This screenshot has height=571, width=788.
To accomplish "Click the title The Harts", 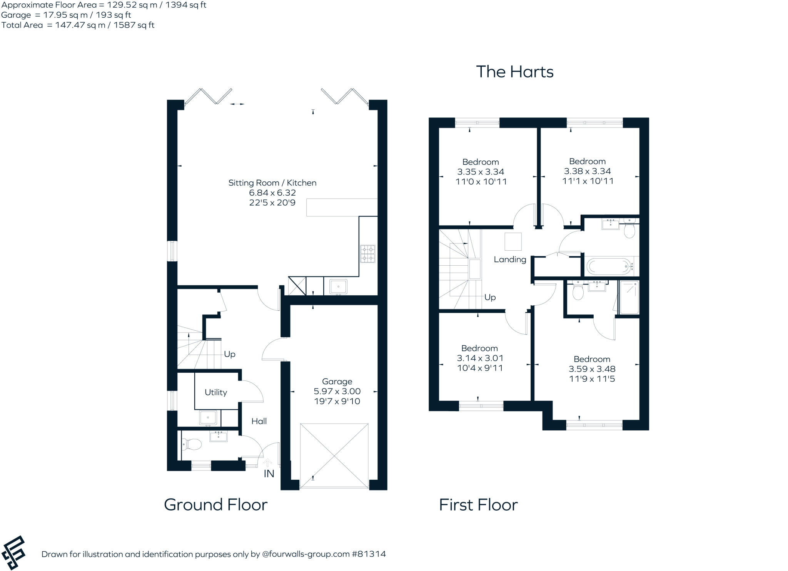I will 514,72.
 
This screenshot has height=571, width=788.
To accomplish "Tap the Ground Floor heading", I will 215,504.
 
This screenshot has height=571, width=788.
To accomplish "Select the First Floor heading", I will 478,504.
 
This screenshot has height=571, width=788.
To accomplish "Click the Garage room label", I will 337,381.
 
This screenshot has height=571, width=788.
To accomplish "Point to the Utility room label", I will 215,392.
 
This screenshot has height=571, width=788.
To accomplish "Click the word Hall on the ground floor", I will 259,421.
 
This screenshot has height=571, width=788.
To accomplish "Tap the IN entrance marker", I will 269,474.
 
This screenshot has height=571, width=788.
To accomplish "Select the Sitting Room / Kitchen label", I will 272,183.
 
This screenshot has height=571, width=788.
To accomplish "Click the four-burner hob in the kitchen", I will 367,254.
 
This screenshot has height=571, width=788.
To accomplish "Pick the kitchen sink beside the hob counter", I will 338,287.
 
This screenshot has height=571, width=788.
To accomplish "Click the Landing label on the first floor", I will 510,259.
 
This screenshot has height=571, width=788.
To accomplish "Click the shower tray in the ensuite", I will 629,297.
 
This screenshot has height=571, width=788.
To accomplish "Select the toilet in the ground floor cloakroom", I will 192,445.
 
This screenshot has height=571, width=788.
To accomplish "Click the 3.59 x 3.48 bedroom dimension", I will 592,369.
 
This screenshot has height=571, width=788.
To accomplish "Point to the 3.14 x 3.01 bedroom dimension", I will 480,358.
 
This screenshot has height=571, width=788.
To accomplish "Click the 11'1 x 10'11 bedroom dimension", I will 588,181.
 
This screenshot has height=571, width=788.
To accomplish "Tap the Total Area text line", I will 78,25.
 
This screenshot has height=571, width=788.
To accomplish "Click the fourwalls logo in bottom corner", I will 13,553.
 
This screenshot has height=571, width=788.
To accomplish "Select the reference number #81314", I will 368,554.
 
